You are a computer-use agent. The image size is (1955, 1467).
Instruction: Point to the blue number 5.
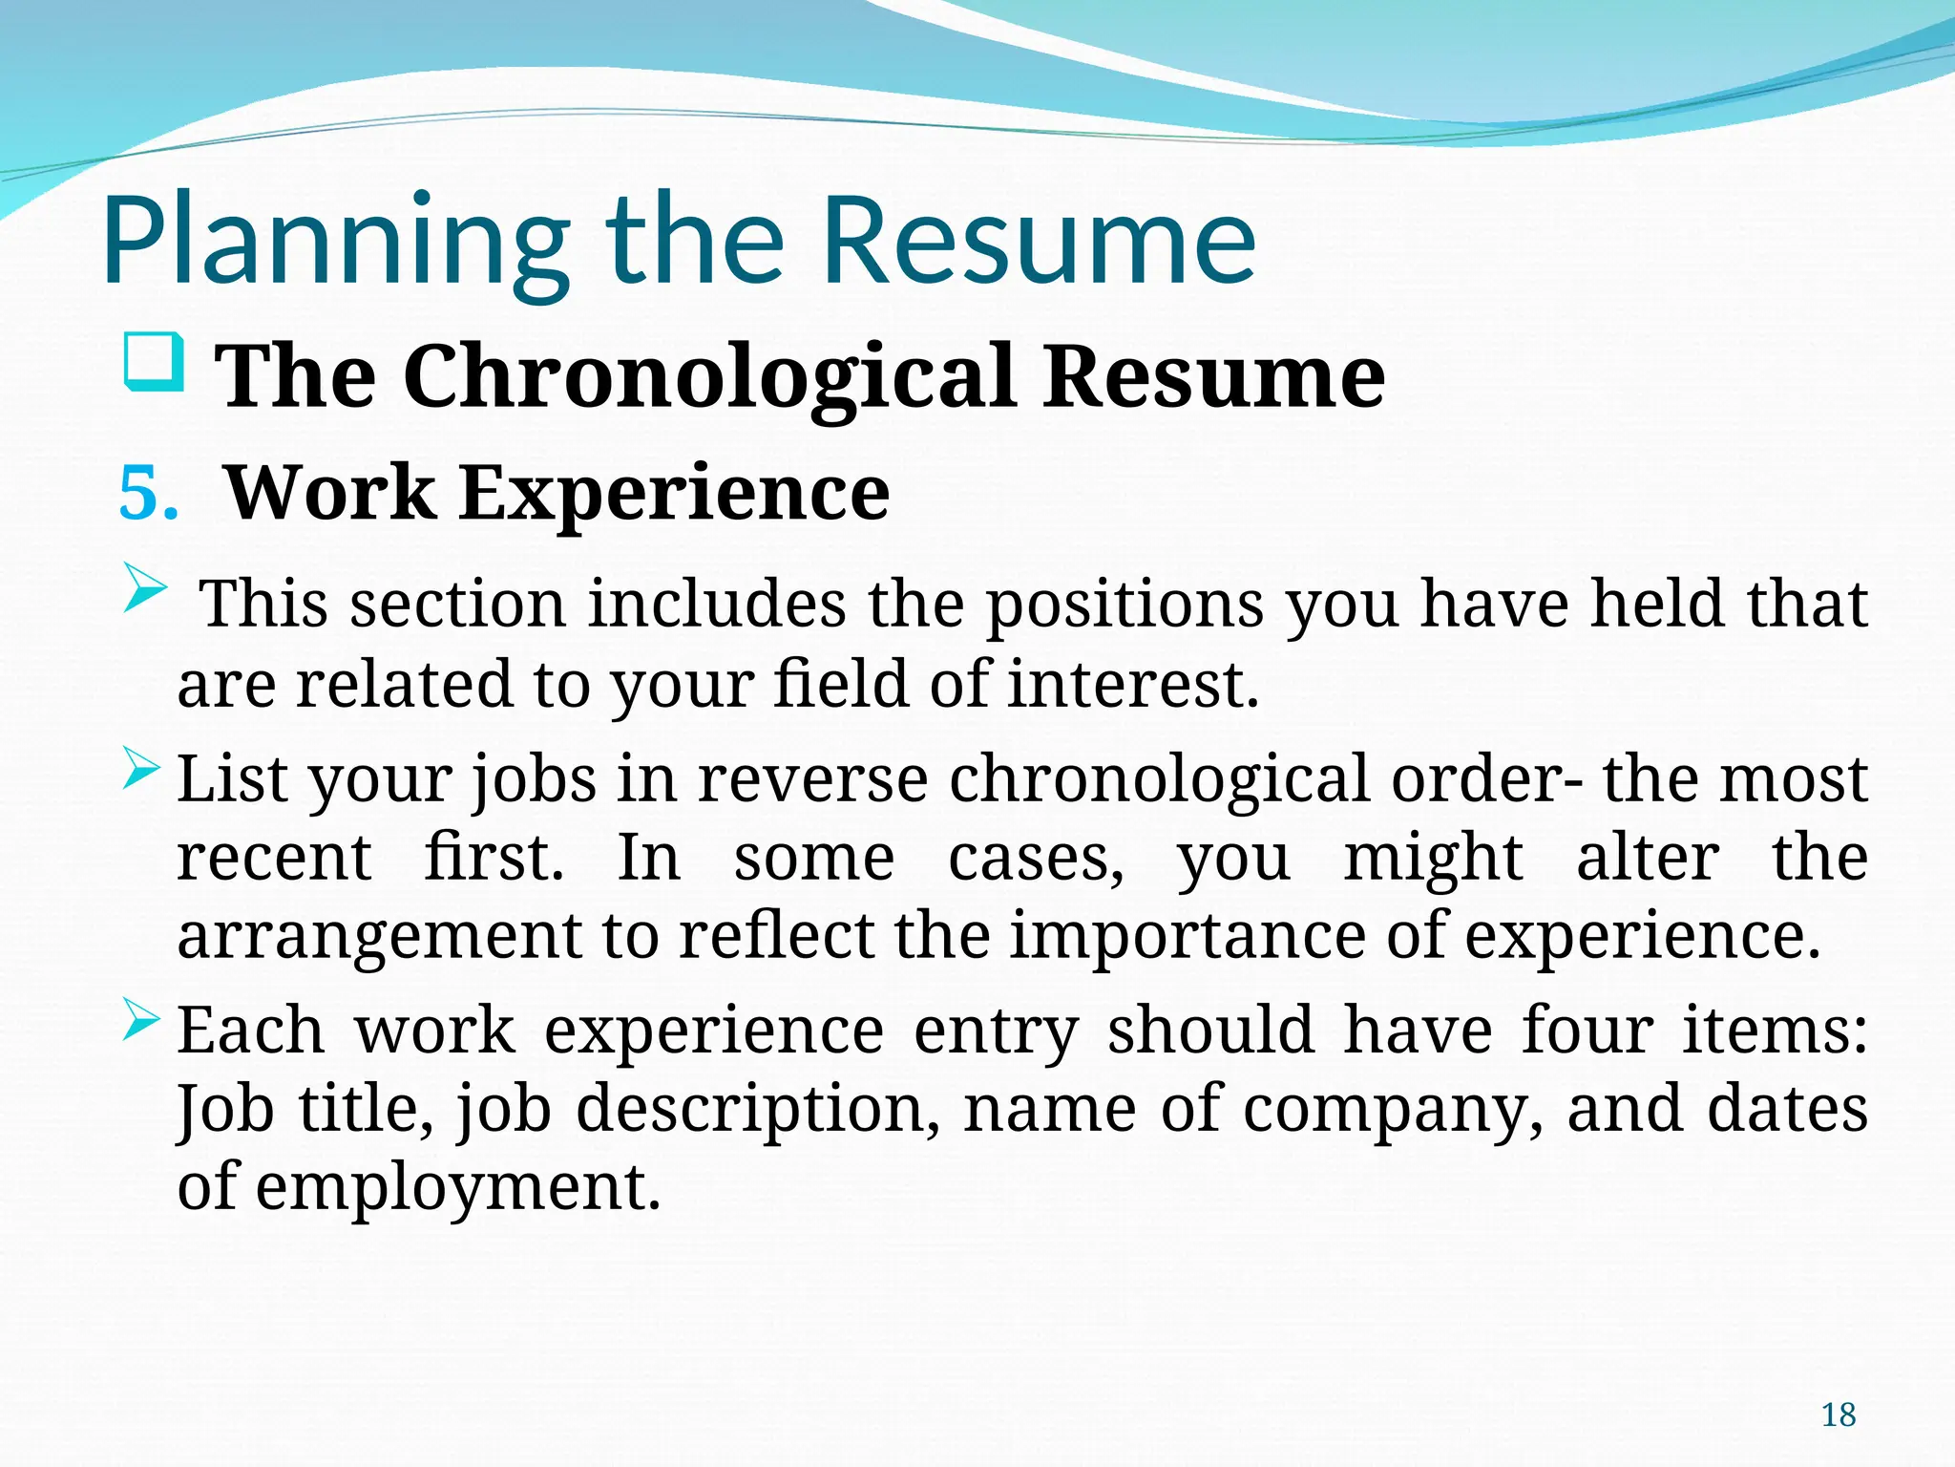pyautogui.click(x=148, y=494)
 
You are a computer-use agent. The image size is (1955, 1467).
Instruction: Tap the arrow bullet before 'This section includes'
pyautogui.click(x=145, y=588)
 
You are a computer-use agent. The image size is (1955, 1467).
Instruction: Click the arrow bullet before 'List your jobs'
pyautogui.click(x=142, y=770)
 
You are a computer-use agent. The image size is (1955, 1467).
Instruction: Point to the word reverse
pyautogui.click(x=812, y=779)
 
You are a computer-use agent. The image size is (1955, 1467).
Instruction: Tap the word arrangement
pyautogui.click(x=379, y=935)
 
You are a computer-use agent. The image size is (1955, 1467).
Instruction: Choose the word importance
pyautogui.click(x=1188, y=935)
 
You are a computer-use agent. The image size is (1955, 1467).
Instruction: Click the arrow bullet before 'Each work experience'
pyautogui.click(x=142, y=1021)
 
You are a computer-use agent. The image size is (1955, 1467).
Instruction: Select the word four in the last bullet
pyautogui.click(x=1587, y=1031)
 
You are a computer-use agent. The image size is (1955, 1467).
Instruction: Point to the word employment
pyautogui.click(x=458, y=1188)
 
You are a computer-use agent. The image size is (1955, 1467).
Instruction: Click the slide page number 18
pyautogui.click(x=1839, y=1414)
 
